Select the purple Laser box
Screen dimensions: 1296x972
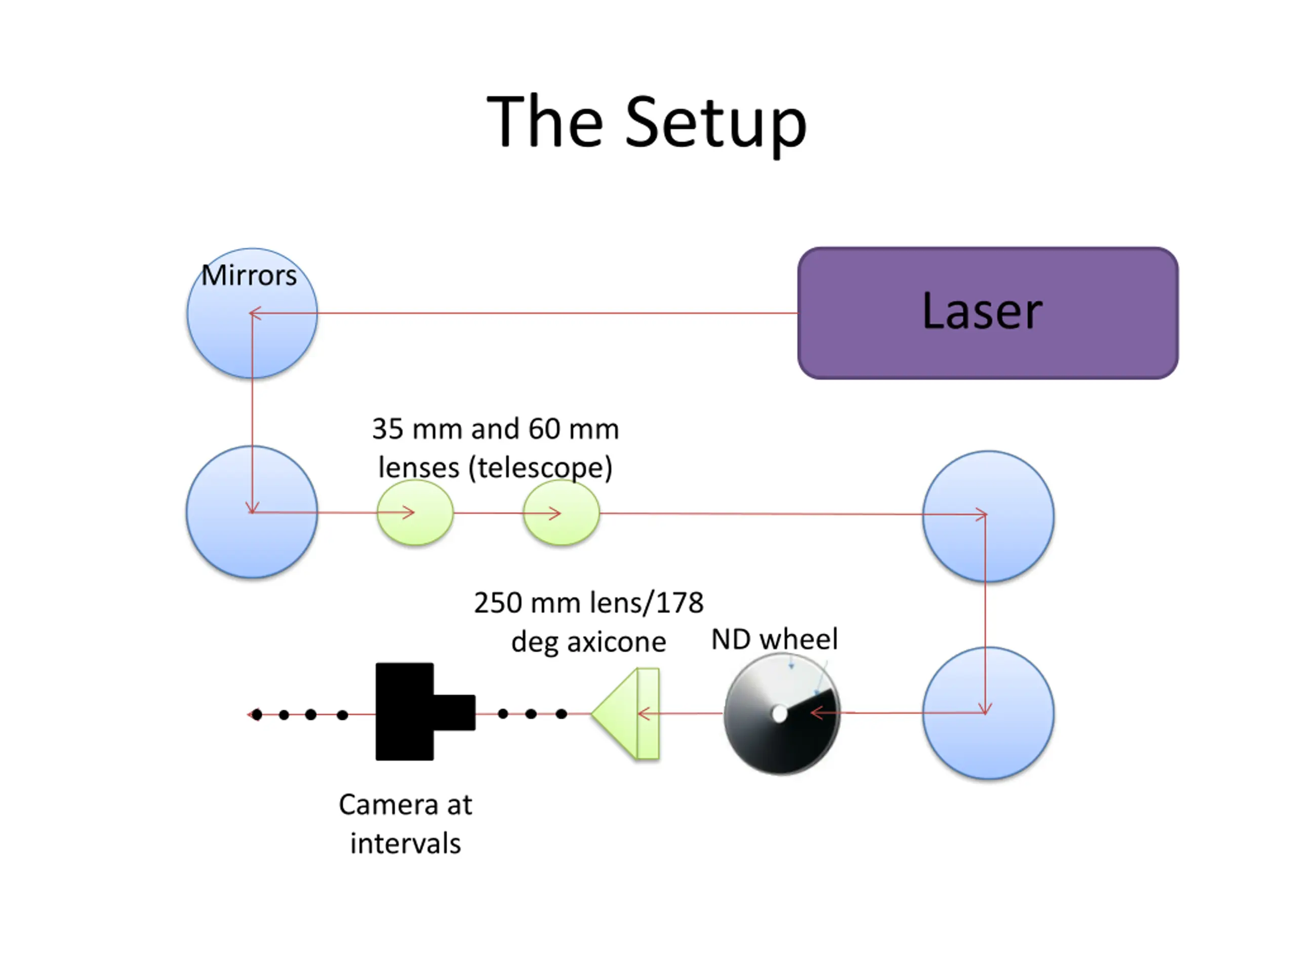tap(988, 313)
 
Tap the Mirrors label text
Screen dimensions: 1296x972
tap(249, 275)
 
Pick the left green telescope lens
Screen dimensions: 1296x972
tap(415, 513)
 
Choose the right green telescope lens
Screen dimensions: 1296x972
tap(561, 513)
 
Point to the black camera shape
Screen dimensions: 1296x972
tap(425, 711)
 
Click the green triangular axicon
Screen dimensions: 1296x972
tap(625, 714)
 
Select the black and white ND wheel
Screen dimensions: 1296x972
tap(782, 714)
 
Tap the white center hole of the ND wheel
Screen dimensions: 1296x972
tap(779, 714)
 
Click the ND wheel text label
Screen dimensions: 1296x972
tap(775, 638)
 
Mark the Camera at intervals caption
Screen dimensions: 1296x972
tap(406, 824)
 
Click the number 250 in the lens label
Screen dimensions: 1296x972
tap(498, 602)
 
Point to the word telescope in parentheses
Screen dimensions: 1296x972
tap(540, 468)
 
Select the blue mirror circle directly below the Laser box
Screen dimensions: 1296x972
tap(988, 516)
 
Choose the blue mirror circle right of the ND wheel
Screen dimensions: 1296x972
tap(988, 713)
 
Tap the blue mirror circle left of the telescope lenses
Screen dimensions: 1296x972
tap(252, 512)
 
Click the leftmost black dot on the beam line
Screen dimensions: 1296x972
tap(257, 714)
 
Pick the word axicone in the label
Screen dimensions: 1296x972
tap(617, 642)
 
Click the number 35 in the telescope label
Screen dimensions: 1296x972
tap(388, 429)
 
